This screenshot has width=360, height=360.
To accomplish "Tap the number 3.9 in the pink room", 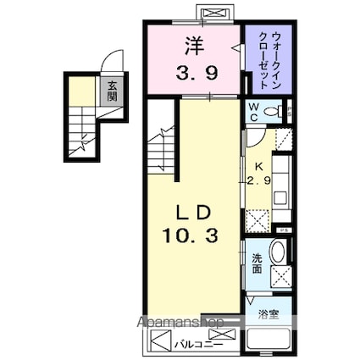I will [x=196, y=72].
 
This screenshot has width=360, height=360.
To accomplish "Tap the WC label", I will [x=254, y=113].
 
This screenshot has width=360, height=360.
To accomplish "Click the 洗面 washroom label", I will [x=257, y=263].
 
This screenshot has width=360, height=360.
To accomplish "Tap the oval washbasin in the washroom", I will [x=278, y=252].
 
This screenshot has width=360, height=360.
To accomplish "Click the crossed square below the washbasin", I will [x=280, y=276].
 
